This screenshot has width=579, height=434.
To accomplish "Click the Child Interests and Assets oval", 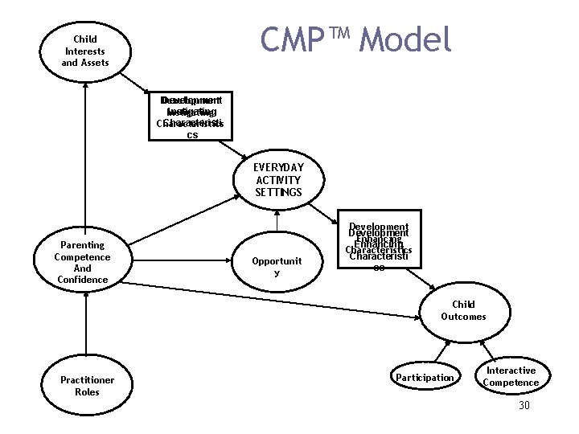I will [84, 51].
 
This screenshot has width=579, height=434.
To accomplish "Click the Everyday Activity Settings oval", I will [277, 180].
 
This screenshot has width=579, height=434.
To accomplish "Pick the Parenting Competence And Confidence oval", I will [83, 262].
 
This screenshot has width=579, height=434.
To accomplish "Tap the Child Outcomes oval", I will [463, 311].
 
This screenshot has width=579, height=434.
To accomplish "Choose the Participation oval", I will [424, 378].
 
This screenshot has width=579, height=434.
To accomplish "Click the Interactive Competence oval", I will [511, 377].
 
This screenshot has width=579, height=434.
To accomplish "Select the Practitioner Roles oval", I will [87, 386].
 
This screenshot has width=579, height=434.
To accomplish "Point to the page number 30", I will [524, 406].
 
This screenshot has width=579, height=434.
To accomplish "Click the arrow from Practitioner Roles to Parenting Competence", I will [84, 325].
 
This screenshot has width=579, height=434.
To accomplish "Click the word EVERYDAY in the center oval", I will [277, 167].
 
